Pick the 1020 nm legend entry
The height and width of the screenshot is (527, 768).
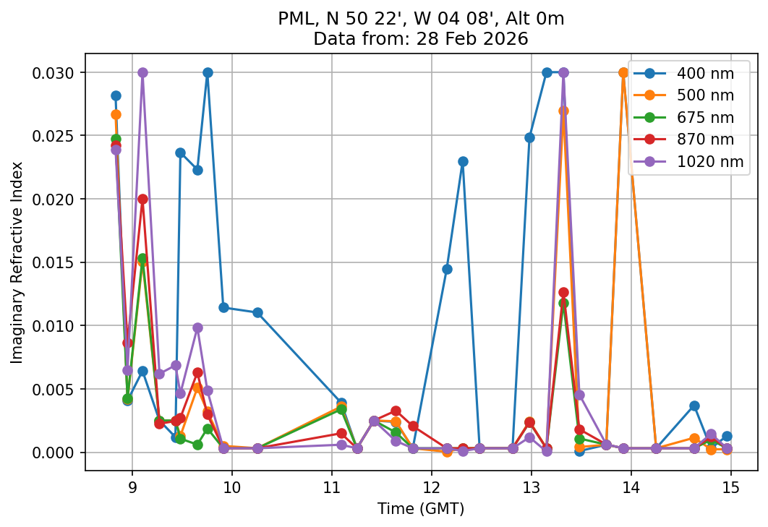click(x=709, y=162)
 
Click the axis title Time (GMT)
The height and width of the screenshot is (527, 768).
click(x=421, y=508)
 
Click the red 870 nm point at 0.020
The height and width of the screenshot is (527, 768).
click(x=142, y=199)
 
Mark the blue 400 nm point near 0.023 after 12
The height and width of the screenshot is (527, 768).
click(x=463, y=161)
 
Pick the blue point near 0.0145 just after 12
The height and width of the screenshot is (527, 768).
click(x=447, y=269)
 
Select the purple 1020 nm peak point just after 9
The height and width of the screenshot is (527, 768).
click(x=142, y=72)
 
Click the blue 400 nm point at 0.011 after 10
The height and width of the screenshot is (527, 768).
click(x=257, y=312)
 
